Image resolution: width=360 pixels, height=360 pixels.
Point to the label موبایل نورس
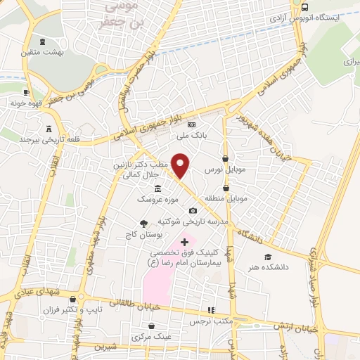click(224, 171)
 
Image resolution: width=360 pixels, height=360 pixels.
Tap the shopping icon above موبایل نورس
click(225, 159)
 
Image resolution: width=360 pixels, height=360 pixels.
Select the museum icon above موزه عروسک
click(157, 188)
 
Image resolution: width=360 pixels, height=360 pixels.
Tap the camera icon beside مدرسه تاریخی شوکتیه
click(193, 210)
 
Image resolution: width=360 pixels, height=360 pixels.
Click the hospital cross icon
click(185, 242)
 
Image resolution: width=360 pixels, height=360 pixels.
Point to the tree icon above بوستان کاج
click(143, 224)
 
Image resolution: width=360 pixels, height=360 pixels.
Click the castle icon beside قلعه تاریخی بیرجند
click(49, 129)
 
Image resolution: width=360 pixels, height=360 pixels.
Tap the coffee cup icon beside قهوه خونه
click(26, 92)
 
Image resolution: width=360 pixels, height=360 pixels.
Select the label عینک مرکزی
click(150, 337)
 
